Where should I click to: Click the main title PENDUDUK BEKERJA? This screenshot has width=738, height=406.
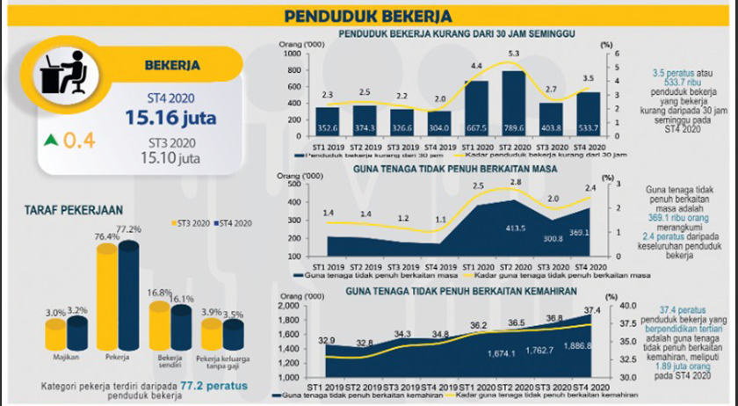tap(368, 16)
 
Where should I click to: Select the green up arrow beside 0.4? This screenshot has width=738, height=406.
tap(51, 139)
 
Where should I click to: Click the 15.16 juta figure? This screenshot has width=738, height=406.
tap(170, 116)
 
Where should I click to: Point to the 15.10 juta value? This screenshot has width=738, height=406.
tap(170, 158)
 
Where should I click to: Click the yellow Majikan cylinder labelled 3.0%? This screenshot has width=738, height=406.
tap(54, 335)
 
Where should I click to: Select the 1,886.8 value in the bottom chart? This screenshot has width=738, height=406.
tap(590, 347)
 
